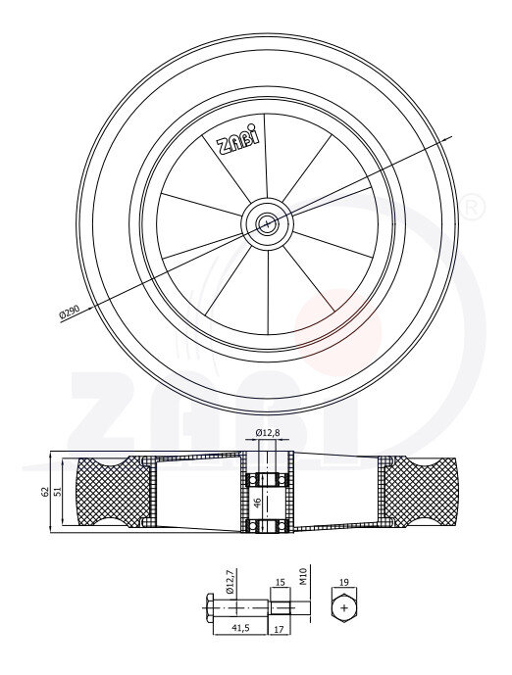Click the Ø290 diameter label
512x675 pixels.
click(x=69, y=311)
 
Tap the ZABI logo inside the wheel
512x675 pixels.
click(x=238, y=140)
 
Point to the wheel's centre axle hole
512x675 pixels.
click(x=267, y=223)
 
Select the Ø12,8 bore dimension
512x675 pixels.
click(x=267, y=432)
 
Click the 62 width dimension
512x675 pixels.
click(x=44, y=493)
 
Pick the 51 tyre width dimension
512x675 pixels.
click(x=57, y=490)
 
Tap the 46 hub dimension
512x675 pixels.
click(x=258, y=503)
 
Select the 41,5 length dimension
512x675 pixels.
click(x=240, y=628)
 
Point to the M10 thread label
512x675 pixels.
click(x=302, y=576)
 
